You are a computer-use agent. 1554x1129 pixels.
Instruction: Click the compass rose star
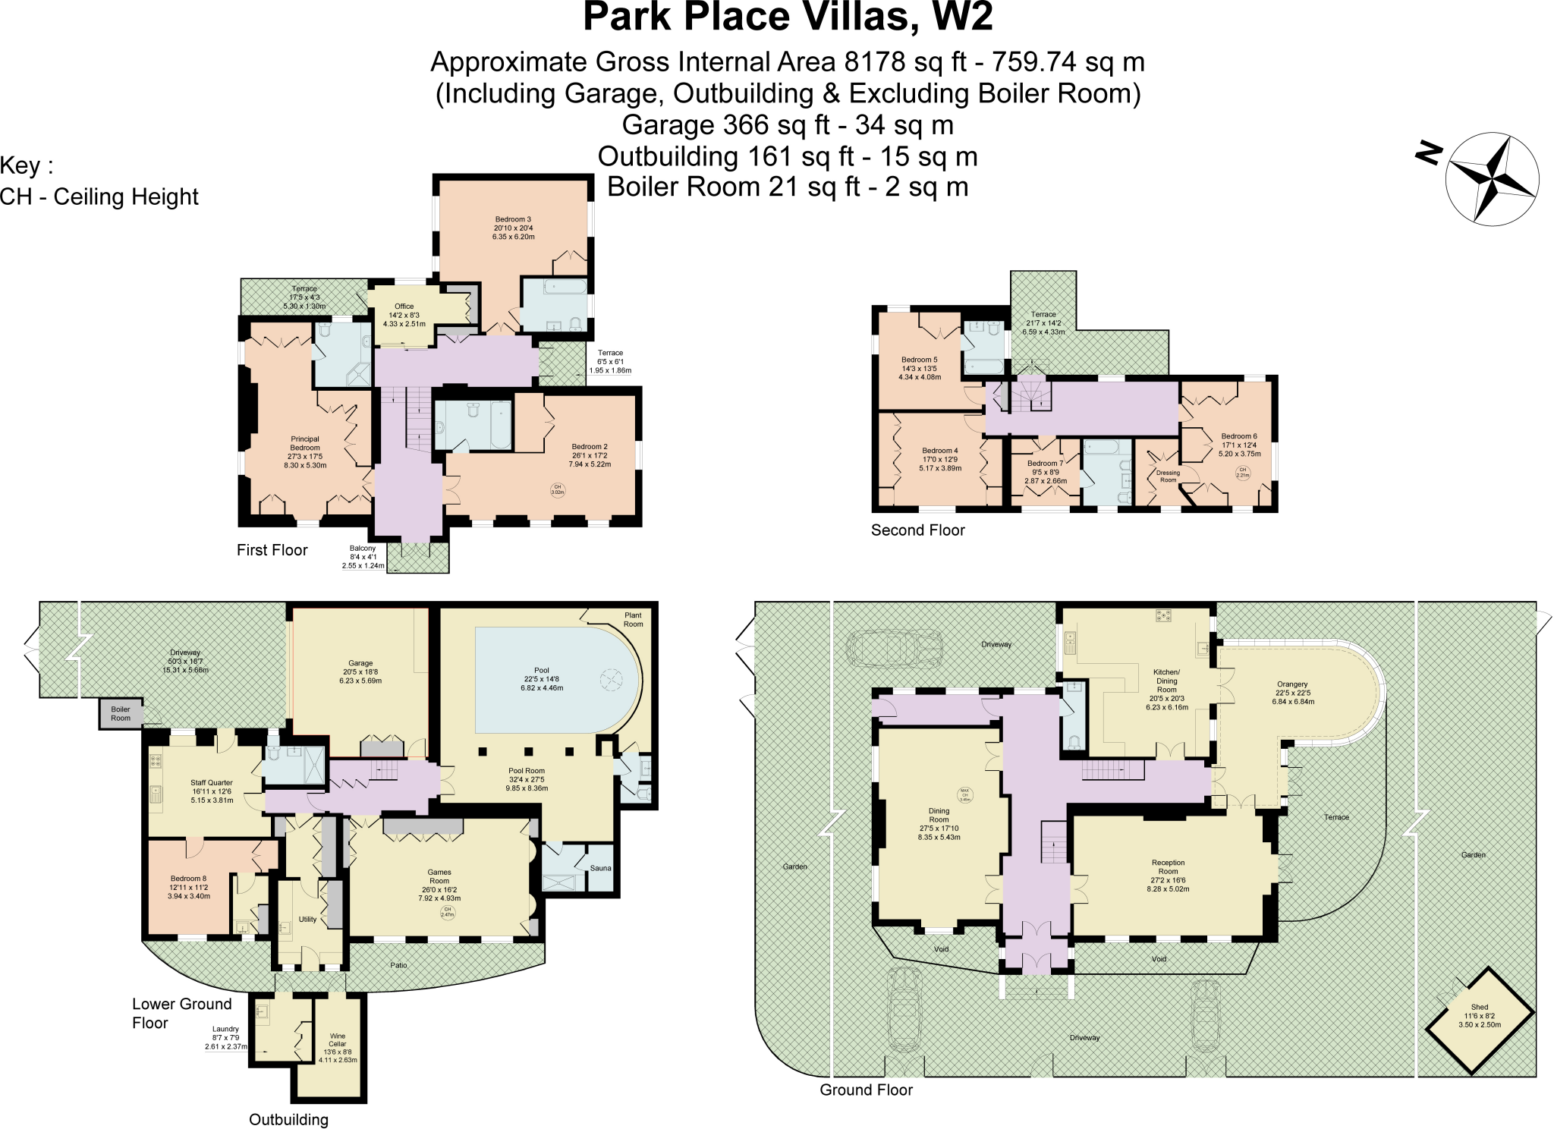tap(1492, 179)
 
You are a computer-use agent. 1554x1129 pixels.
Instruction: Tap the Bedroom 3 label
tap(513, 219)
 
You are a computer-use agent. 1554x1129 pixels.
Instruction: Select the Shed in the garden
tap(1479, 1021)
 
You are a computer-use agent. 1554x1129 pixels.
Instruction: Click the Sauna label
tap(600, 868)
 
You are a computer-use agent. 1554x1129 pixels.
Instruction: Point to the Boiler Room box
tap(121, 714)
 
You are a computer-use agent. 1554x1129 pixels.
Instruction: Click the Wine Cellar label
tap(338, 1039)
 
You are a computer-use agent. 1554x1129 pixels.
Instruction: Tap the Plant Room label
tap(633, 620)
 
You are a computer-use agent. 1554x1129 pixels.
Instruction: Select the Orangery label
tap(1292, 684)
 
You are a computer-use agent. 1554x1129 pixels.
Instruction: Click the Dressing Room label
tap(1168, 476)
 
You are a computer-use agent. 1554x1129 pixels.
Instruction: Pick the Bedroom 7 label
tap(1045, 463)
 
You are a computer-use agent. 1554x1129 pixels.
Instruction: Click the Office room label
tap(404, 307)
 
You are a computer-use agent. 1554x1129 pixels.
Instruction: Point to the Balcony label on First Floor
tap(363, 548)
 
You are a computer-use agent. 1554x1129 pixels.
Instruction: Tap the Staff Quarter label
tap(212, 782)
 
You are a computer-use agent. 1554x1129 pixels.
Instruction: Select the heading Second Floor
tap(917, 530)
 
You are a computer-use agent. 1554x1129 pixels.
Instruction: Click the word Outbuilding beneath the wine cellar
tap(288, 1119)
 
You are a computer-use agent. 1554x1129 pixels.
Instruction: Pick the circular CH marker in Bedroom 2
tap(557, 489)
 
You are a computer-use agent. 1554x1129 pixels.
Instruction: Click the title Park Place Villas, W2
tap(788, 17)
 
